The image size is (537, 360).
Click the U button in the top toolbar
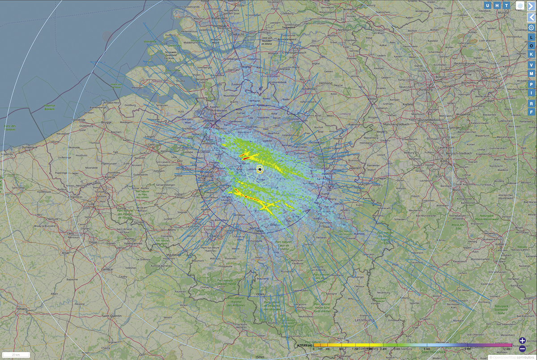(488, 5)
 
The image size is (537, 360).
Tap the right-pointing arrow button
(531, 6)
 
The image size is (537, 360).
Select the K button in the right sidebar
(531, 54)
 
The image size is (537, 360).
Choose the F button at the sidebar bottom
(531, 112)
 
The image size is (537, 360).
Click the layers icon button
(520, 5)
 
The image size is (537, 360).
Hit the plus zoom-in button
(522, 341)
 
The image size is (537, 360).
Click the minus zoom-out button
(522, 348)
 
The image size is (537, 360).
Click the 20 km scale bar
(16, 355)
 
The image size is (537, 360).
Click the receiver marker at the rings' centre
(260, 169)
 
